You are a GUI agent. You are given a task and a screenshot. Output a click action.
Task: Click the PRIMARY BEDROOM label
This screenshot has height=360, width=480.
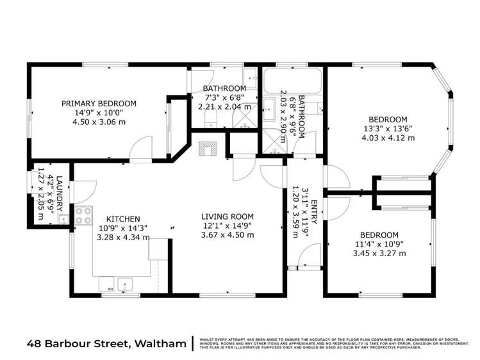(x=99, y=103)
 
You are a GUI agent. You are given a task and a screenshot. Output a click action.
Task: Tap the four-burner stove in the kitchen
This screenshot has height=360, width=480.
(x=83, y=216)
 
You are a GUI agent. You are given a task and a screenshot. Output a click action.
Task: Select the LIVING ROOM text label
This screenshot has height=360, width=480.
(x=228, y=217)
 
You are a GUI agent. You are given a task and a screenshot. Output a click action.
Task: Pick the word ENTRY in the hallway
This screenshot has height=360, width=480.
(x=314, y=212)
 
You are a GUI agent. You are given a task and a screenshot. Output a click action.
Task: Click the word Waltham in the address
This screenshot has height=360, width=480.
(x=159, y=343)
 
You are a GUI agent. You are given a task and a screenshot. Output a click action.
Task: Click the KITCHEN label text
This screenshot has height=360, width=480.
(x=122, y=219)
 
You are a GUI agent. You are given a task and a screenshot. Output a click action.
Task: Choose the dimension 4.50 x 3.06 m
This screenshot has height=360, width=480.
(x=99, y=122)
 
